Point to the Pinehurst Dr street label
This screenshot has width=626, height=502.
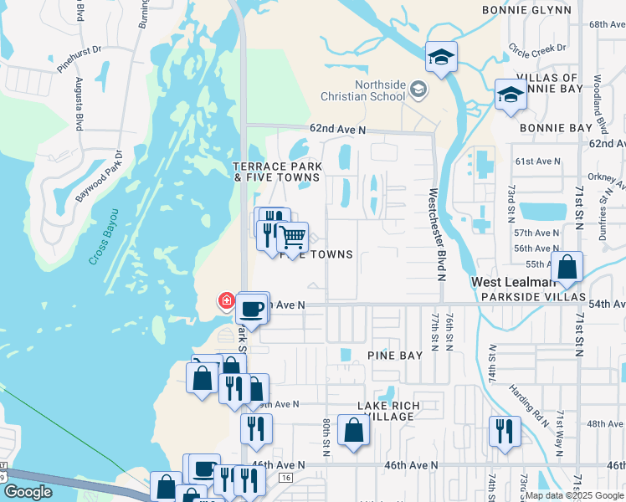coord(80,58)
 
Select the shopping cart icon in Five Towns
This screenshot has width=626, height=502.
coord(292,238)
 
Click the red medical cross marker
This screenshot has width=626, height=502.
coord(225,300)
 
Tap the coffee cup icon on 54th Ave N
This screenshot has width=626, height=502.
coord(252,309)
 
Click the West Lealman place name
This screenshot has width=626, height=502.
coord(509,282)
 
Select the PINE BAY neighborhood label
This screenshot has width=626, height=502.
coord(395,355)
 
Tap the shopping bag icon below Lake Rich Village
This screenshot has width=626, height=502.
coord(353,431)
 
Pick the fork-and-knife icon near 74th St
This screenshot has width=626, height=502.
coord(504,431)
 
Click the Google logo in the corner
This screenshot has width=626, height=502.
coord(28,492)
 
